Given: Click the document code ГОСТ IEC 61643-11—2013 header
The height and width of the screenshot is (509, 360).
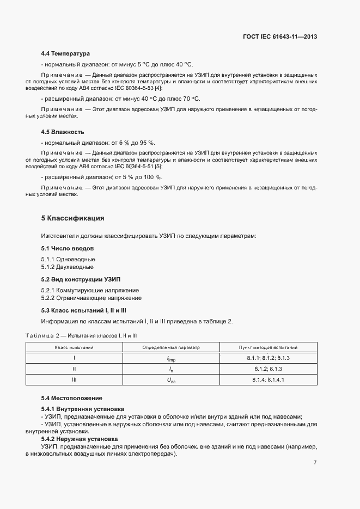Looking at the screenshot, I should click(279, 37).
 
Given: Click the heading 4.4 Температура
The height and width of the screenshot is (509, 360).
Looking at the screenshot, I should click(65, 54).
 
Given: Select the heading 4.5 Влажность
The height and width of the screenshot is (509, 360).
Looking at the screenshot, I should click(63, 132).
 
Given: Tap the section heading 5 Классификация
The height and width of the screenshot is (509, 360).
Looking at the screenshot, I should click(72, 218).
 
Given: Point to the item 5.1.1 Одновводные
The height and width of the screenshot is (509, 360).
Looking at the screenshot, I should click(68, 259).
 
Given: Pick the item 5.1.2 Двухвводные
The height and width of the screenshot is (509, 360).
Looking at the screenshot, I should click(68, 267).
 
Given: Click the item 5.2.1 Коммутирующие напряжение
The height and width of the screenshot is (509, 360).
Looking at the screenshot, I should click(90, 290).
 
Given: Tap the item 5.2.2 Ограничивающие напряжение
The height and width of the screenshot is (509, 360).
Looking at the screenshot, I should click(91, 298).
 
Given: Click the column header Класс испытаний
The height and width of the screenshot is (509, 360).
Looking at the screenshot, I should click(74, 347).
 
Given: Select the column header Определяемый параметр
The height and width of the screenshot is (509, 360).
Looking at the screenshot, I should click(171, 347).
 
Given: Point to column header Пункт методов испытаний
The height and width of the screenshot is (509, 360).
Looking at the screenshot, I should click(268, 347).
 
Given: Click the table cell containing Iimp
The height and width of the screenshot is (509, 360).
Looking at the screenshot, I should click(171, 358).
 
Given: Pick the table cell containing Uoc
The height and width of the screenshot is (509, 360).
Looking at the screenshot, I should click(171, 380).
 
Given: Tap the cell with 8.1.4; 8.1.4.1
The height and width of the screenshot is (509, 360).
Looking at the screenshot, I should click(268, 379).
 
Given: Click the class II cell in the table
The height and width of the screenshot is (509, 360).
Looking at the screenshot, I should click(74, 369).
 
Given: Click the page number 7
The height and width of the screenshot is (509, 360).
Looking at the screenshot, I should click(315, 463).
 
